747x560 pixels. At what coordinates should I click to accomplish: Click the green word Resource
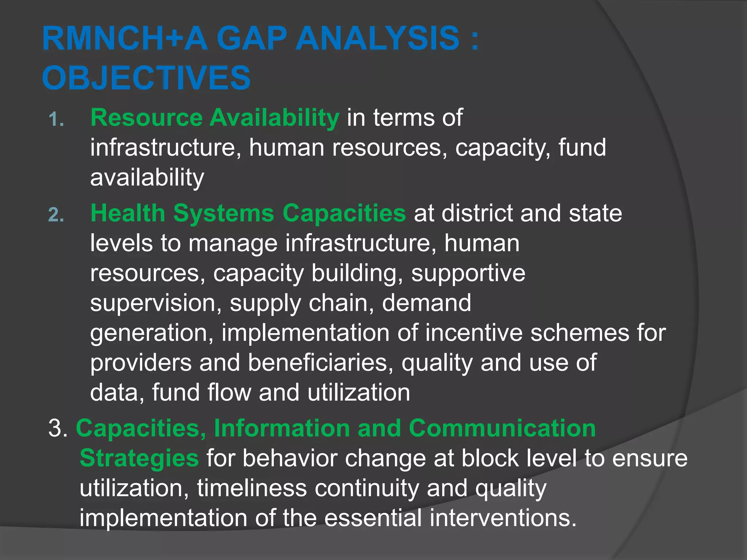[x=146, y=117]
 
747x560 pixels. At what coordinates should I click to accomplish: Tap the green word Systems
[x=223, y=213]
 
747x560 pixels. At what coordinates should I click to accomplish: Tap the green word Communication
[x=502, y=428]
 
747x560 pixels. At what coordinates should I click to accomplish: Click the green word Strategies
[x=139, y=458]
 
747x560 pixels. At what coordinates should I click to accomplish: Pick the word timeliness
[x=252, y=488]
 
